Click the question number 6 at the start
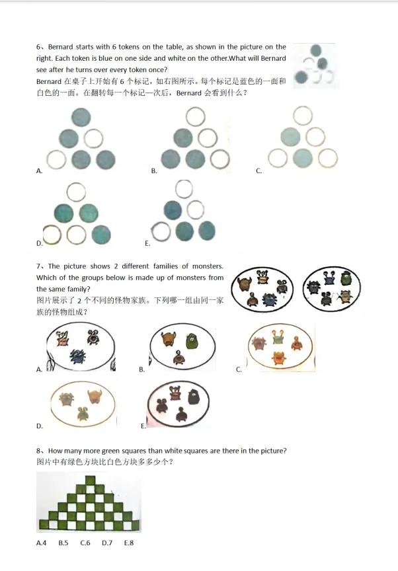[x=38, y=47]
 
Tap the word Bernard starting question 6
[x=60, y=47]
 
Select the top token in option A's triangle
[x=81, y=117]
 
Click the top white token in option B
[x=196, y=117]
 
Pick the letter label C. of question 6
[x=259, y=171]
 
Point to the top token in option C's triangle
[x=303, y=116]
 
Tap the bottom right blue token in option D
[x=101, y=235]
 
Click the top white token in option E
[x=184, y=189]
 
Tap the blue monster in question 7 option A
[x=77, y=356]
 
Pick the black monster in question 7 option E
[x=194, y=397]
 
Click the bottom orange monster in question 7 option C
[x=279, y=359]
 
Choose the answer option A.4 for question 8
[x=41, y=543]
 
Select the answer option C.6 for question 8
[x=85, y=543]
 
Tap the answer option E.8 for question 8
[x=129, y=543]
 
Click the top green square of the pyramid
[x=90, y=480]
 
